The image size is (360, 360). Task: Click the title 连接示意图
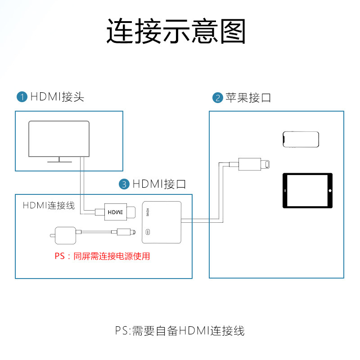click(176, 31)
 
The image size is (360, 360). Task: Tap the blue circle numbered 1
click(22, 97)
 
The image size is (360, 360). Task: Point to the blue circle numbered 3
click(124, 184)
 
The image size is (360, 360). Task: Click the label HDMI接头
click(57, 97)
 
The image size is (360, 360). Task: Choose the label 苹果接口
click(248, 98)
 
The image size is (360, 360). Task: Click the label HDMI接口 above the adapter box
click(159, 184)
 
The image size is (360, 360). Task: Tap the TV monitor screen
click(58, 138)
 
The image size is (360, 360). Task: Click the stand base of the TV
click(59, 160)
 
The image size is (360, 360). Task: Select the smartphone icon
click(301, 139)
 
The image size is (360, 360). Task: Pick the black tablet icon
click(307, 191)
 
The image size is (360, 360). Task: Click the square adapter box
click(161, 222)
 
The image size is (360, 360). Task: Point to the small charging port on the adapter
click(149, 233)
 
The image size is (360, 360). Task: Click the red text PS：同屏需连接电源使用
click(102, 256)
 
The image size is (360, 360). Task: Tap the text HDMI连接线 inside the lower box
click(49, 206)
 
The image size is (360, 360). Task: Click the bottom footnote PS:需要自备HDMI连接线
click(180, 331)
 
